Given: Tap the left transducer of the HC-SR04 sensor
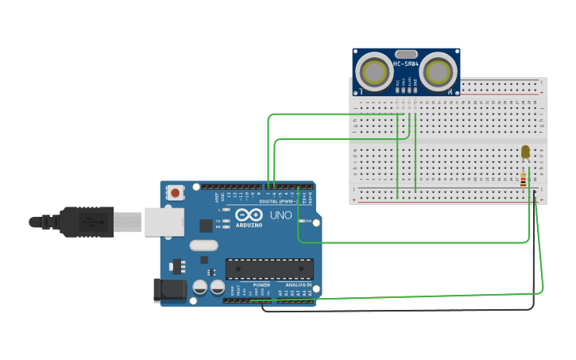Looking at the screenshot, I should pos(373,72).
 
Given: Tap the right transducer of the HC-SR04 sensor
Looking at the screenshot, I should pos(439,72).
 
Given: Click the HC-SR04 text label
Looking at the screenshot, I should pos(405,64).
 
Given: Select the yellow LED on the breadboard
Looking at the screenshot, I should pos(525,152).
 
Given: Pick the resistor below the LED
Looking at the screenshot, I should pos(523,180).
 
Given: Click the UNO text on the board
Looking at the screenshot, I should pos(281,215).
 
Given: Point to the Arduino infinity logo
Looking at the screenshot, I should pos(248,215).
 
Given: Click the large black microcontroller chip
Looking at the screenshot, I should pos(269,269).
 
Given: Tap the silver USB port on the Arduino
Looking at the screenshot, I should pos(164,222).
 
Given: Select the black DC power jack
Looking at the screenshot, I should pos(169,290).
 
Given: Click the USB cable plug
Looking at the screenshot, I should pos(87,222).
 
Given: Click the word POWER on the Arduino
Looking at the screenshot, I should pos(261,285).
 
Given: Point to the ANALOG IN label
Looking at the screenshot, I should pos(299,285).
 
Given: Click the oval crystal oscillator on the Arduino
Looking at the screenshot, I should pos(203,246).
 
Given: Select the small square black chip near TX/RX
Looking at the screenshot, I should pos(206,225).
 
